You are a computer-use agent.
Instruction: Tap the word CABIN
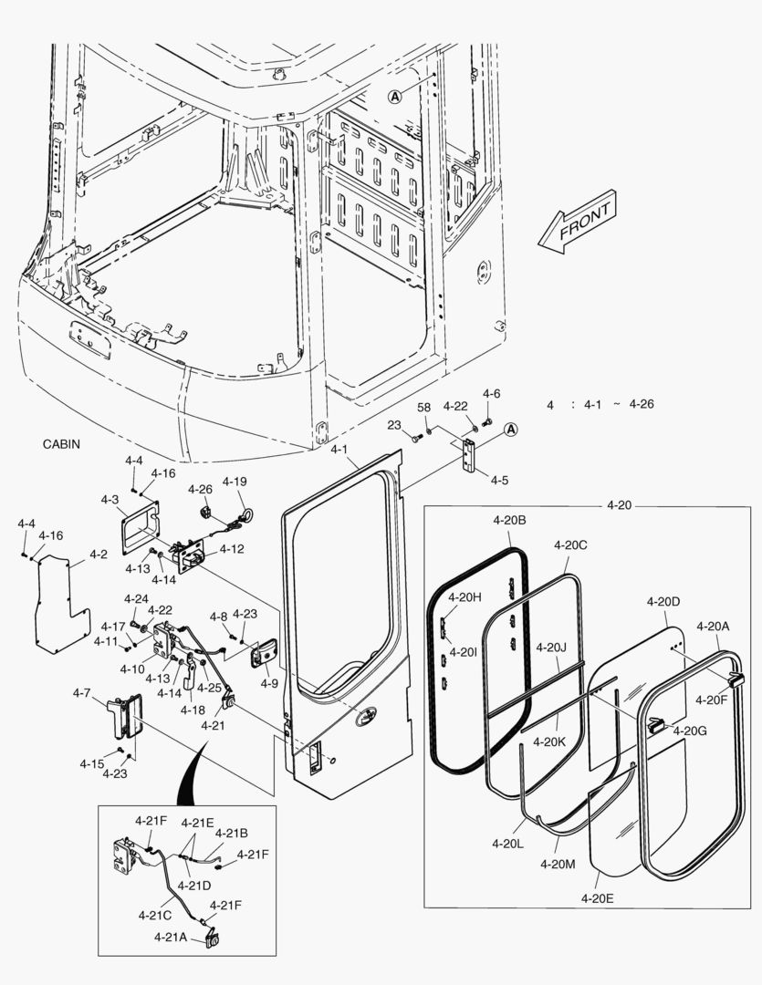click(62, 444)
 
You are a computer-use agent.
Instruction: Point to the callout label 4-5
click(499, 480)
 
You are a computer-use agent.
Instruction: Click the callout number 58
click(424, 407)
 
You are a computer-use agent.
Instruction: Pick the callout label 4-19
click(235, 482)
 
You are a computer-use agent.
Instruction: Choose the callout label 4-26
click(200, 489)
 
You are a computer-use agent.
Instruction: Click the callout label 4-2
click(99, 554)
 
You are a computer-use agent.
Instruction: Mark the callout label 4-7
click(81, 693)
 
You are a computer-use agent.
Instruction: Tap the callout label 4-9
click(269, 682)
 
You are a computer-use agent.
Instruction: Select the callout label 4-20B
click(508, 520)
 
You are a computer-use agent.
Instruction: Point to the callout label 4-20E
click(596, 897)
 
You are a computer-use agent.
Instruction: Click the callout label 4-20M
click(558, 863)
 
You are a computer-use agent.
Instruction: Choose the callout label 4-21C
click(156, 915)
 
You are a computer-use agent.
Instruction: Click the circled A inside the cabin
click(395, 96)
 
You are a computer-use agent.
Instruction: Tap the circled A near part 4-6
click(511, 429)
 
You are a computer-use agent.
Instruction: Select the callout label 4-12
click(232, 549)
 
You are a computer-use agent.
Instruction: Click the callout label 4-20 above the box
click(619, 504)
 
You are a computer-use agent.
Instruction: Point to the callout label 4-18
click(193, 710)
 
